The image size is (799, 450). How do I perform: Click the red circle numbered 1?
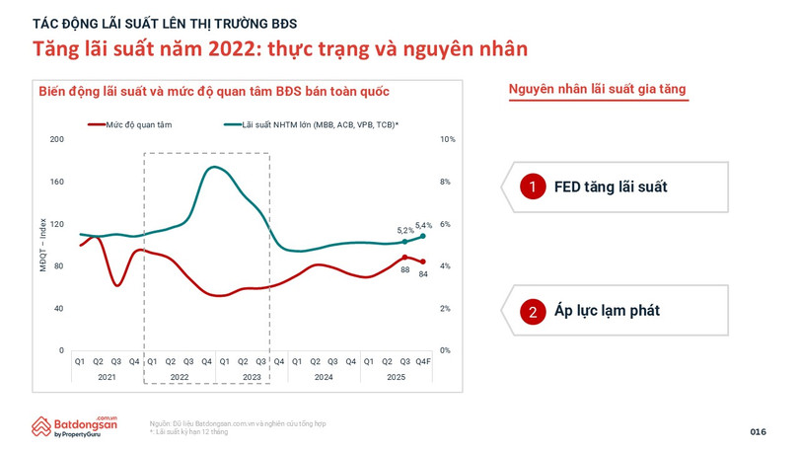533,187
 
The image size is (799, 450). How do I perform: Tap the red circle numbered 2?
533,311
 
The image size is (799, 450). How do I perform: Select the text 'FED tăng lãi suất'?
611,187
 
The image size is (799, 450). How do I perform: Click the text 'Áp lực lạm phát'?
607,311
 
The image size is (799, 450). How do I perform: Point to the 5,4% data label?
423,225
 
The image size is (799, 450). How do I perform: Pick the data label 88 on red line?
404,269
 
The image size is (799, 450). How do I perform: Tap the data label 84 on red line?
423,273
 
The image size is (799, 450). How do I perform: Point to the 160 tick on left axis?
56,182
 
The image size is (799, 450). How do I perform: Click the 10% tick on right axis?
447,139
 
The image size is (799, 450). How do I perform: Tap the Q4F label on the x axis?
423,361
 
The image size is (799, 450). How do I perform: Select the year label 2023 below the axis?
252,377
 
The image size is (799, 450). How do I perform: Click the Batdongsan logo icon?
40,426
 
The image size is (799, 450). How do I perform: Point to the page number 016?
758,432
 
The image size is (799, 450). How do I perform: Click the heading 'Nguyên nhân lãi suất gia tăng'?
597,90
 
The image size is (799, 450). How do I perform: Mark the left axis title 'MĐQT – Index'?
42,245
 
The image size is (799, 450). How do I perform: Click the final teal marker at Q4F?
423,236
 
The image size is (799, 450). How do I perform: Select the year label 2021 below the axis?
107,377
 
